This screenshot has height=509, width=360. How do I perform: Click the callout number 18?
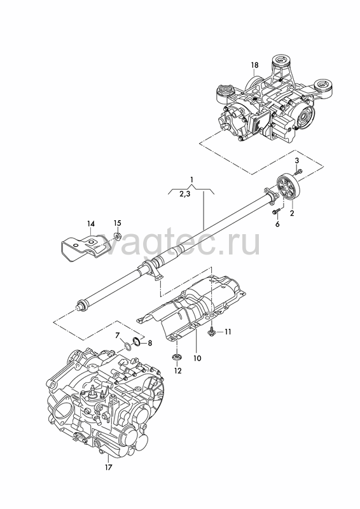pyautogui.click(x=255, y=65)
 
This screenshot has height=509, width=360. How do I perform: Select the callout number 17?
pyautogui.click(x=108, y=468)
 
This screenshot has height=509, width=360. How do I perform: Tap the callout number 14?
pyautogui.click(x=91, y=224)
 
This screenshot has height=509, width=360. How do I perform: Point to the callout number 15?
pyautogui.click(x=117, y=223)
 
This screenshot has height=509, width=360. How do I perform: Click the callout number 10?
pyautogui.click(x=197, y=358)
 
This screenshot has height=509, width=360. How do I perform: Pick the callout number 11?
pyautogui.click(x=228, y=331)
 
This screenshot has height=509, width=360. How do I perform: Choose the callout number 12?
pyautogui.click(x=178, y=370)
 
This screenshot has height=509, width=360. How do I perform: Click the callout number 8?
pyautogui.click(x=149, y=343)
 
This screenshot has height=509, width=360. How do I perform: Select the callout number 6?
pyautogui.click(x=277, y=224)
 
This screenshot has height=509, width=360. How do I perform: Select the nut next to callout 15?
pyautogui.click(x=118, y=235)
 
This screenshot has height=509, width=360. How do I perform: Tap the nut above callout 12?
pyautogui.click(x=176, y=357)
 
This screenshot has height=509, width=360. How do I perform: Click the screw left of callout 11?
pyautogui.click(x=211, y=331)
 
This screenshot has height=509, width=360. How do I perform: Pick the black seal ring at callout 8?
pyautogui.click(x=137, y=342)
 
